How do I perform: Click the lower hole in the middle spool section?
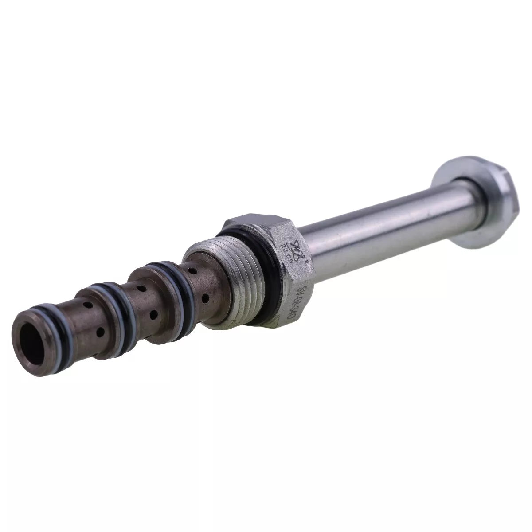(x=153, y=315)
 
